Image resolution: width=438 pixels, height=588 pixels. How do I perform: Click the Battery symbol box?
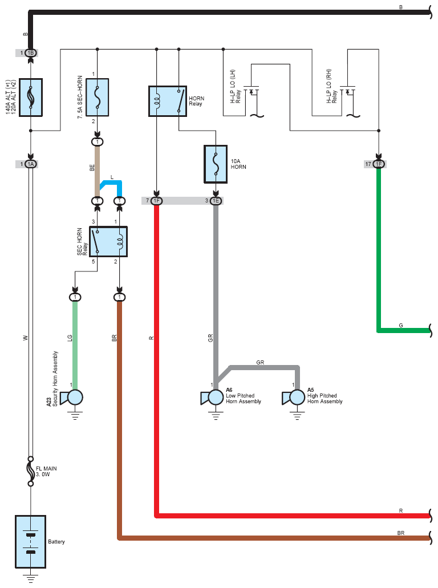click(30, 541)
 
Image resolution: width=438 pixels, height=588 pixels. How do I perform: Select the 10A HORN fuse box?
click(216, 164)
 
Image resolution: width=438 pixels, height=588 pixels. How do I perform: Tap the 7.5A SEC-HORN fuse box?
click(98, 97)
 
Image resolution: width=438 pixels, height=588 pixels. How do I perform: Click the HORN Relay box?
click(168, 102)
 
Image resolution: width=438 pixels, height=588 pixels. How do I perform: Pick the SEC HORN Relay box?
click(108, 241)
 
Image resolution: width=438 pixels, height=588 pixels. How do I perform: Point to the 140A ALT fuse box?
click(31, 98)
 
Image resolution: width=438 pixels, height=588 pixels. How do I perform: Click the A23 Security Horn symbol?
click(72, 398)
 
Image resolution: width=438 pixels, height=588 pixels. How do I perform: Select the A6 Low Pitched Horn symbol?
click(212, 398)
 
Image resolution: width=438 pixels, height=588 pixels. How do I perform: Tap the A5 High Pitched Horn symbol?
click(294, 398)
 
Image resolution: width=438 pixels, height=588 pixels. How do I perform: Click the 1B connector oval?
click(31, 53)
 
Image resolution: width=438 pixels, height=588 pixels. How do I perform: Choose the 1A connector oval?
click(31, 164)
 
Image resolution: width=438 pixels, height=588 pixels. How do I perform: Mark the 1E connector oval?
click(216, 201)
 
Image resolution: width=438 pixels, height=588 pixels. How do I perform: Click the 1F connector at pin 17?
click(379, 164)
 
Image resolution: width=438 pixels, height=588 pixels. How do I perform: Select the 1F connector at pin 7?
click(157, 201)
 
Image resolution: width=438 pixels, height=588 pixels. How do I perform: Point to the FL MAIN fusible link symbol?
click(31, 472)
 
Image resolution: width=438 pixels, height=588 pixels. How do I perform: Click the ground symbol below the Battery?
click(31, 578)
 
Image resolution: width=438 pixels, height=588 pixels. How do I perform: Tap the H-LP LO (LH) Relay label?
click(236, 86)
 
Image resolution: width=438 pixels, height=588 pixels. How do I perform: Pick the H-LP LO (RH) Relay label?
click(331, 86)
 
